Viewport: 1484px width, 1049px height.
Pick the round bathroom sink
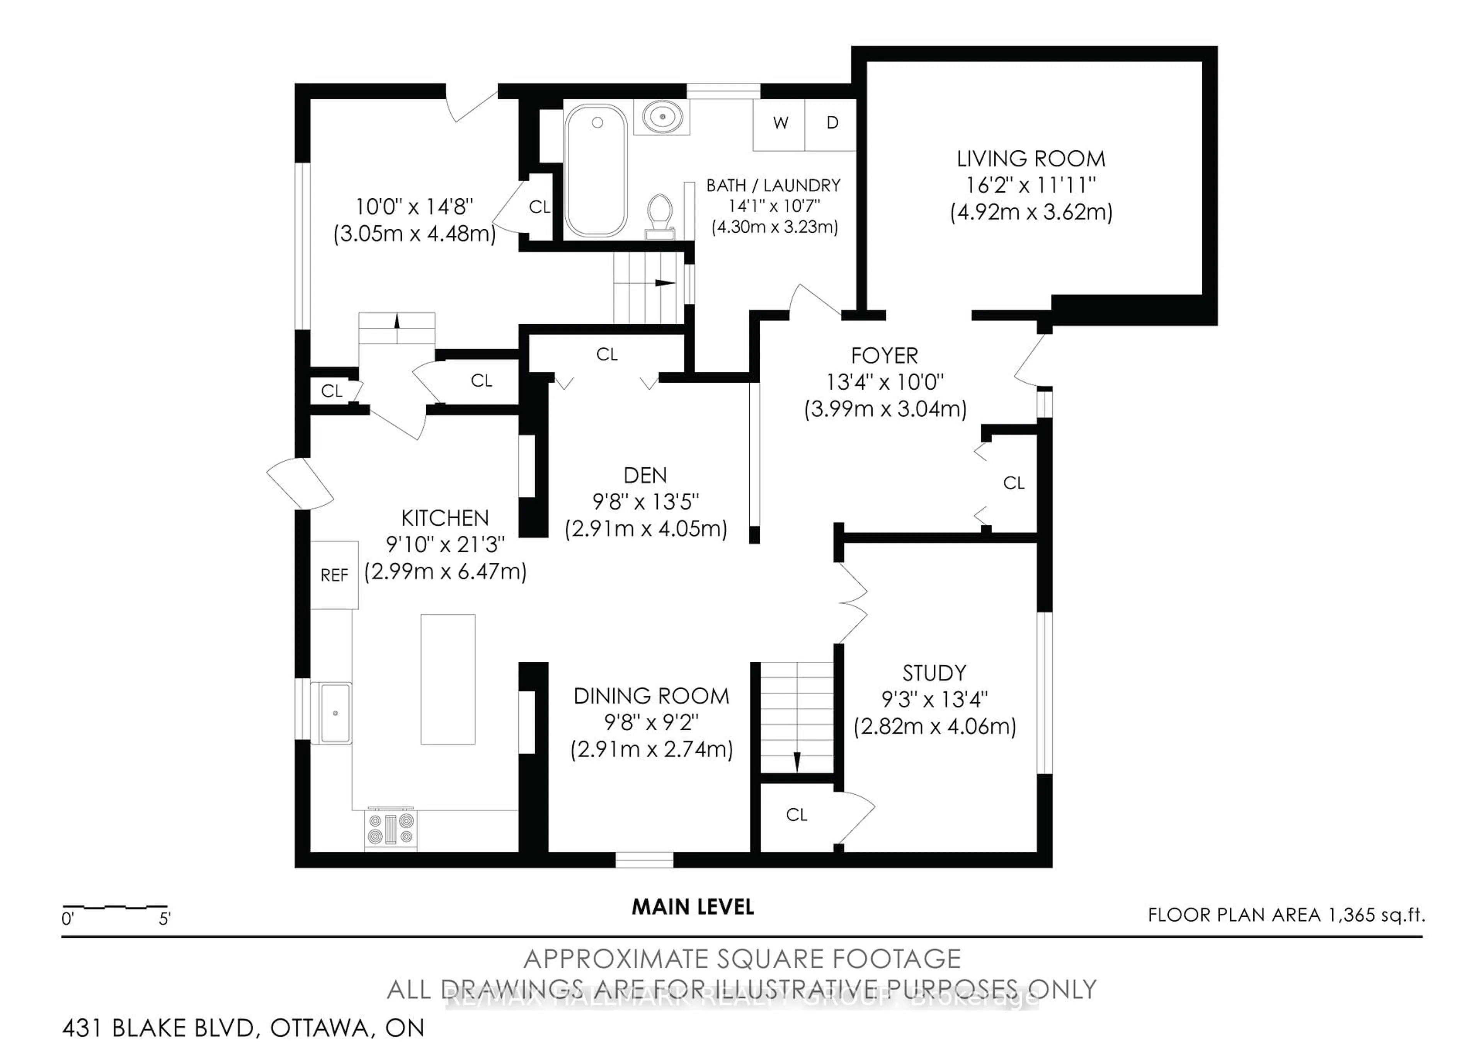click(x=662, y=118)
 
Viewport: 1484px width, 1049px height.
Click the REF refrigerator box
click(x=334, y=575)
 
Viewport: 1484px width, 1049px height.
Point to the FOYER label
click(x=884, y=356)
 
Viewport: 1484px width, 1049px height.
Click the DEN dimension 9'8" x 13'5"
click(x=645, y=502)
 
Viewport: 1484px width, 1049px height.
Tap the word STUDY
click(x=934, y=673)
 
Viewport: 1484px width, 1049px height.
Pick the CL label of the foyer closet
click(x=1013, y=483)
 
